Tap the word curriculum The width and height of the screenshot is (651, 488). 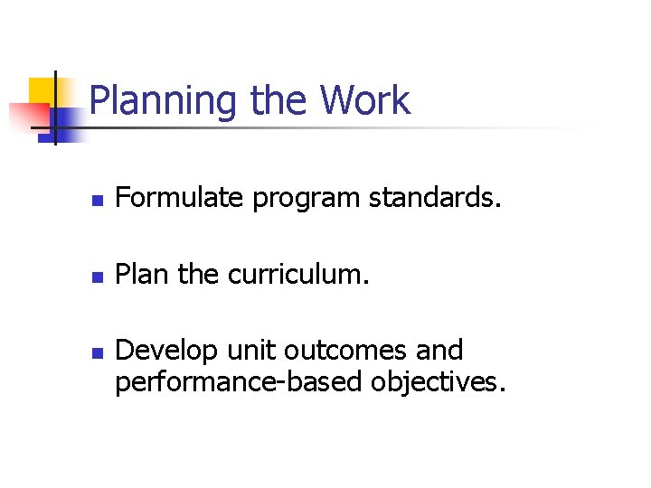click(298, 274)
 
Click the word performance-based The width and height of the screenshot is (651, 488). click(239, 383)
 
